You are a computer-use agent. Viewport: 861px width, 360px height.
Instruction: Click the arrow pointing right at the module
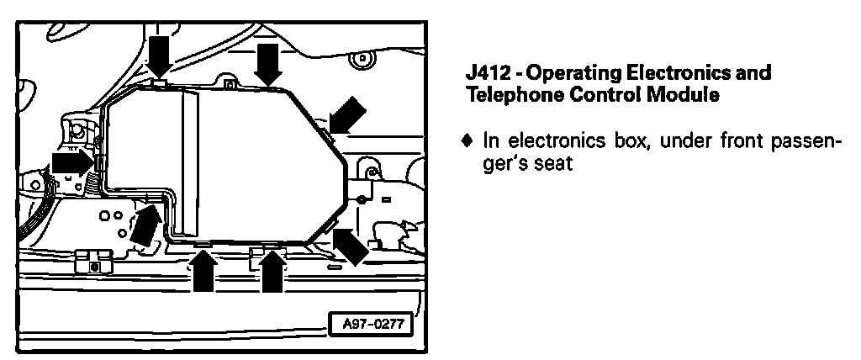pos(72,161)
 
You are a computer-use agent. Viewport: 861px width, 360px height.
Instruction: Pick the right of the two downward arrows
pos(268,64)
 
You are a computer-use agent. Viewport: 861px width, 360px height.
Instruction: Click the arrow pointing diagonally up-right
pos(144,221)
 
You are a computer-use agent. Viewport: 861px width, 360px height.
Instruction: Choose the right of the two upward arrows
pos(271,271)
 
